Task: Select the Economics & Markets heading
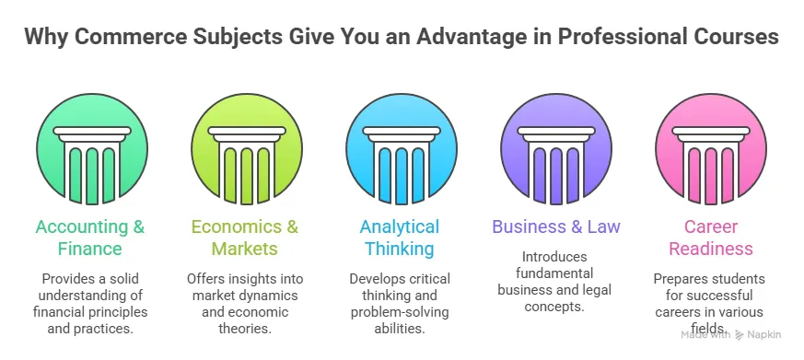[246, 238]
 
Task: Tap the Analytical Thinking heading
[401, 238]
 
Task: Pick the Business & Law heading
[555, 226]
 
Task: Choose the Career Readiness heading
[710, 238]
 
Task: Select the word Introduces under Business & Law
[555, 256]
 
